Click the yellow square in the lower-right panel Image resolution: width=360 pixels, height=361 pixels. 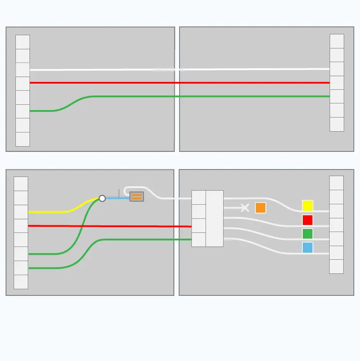[308, 206]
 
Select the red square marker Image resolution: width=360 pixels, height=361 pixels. [308, 220]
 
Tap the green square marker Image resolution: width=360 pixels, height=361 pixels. [308, 233]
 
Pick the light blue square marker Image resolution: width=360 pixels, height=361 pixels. [308, 247]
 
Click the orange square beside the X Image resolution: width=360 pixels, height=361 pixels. [261, 208]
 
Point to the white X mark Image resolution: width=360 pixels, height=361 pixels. [245, 208]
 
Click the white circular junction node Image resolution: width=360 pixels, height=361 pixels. [102, 199]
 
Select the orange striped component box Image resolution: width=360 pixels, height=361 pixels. [136, 197]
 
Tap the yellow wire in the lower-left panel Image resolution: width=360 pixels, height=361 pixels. [53, 212]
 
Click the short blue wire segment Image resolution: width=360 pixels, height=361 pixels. [117, 198]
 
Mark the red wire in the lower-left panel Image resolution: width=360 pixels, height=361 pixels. [110, 226]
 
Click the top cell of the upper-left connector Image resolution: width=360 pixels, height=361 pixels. [22, 42]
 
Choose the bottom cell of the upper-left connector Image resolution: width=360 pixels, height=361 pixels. [22, 139]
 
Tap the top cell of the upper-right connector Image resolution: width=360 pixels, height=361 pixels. [337, 41]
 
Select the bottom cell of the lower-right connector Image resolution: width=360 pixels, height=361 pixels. [336, 266]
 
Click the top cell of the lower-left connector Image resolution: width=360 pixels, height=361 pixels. [21, 184]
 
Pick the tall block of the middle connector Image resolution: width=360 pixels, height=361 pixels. [214, 218]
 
